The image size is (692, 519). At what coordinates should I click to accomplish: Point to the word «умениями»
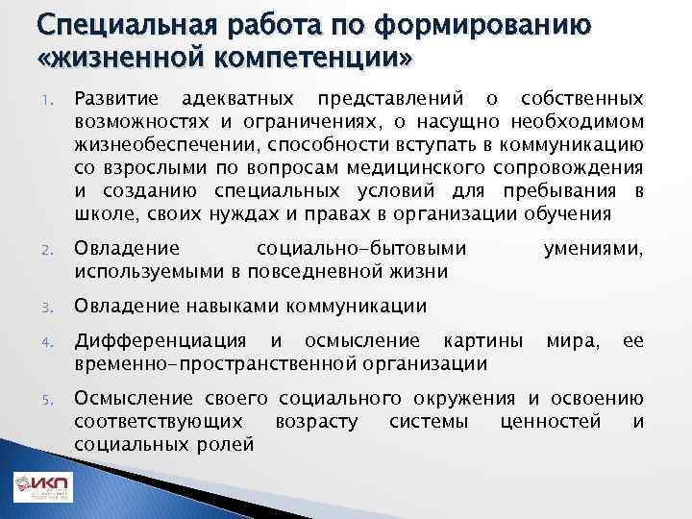coord(593,250)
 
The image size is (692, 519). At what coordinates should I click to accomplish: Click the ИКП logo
coord(43,489)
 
